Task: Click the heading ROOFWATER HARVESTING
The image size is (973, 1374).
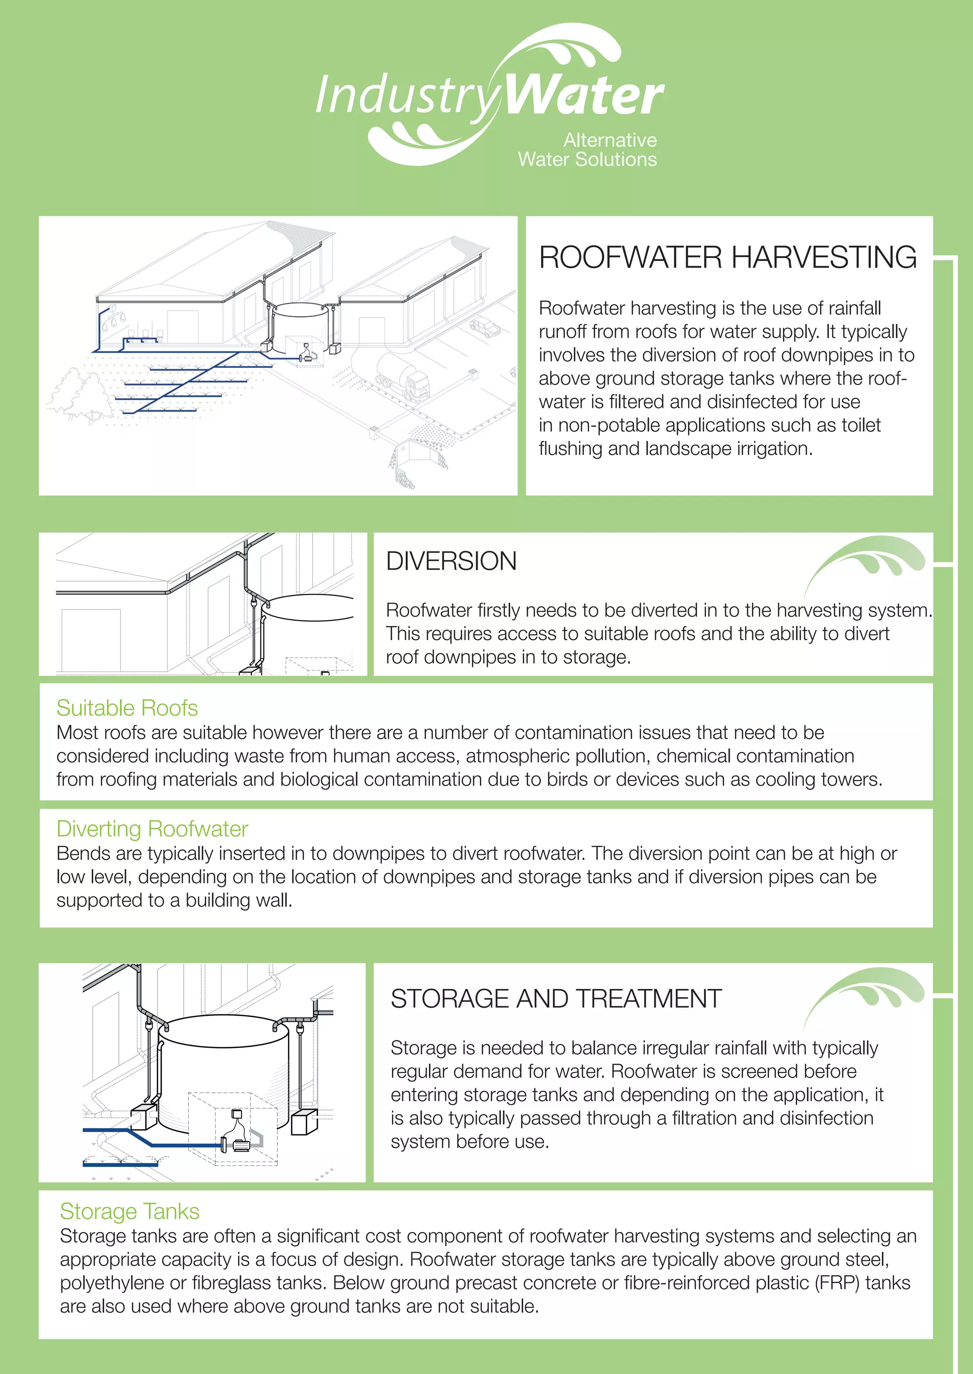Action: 727,258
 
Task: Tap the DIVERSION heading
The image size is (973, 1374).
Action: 451,561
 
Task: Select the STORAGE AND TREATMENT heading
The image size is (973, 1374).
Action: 556,999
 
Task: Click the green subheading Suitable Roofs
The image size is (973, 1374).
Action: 127,708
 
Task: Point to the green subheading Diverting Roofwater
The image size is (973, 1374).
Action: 152,829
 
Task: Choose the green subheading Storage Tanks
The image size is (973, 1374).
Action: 129,1211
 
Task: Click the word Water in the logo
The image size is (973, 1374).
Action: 584,96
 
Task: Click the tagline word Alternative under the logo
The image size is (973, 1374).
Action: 610,140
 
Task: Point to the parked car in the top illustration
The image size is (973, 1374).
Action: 485,327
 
